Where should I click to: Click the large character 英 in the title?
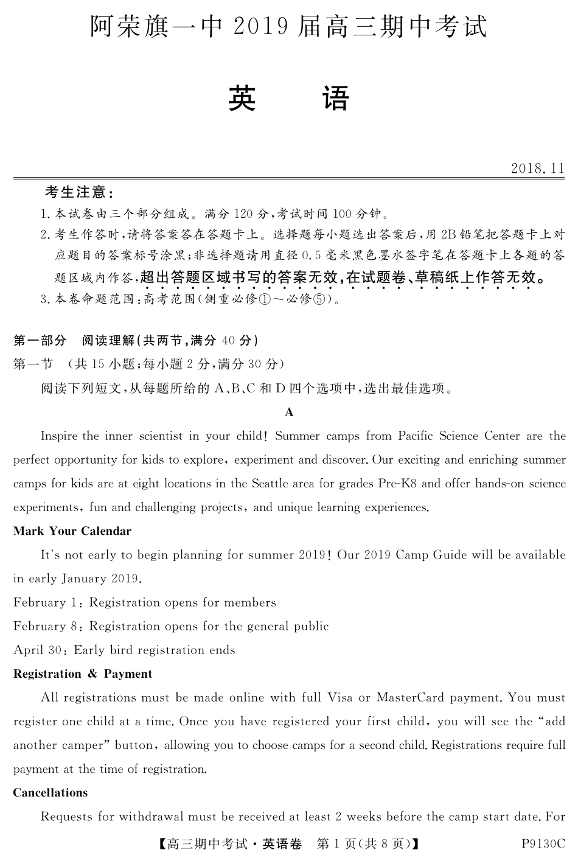[242, 99]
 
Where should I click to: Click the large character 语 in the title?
[336, 99]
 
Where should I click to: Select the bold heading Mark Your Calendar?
[72, 531]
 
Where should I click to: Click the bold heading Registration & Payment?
[83, 674]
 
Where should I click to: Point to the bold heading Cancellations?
[50, 792]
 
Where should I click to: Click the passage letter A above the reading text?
[289, 413]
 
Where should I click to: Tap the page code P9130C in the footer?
[543, 844]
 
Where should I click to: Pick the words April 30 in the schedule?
[37, 650]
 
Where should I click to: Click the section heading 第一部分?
[40, 340]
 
